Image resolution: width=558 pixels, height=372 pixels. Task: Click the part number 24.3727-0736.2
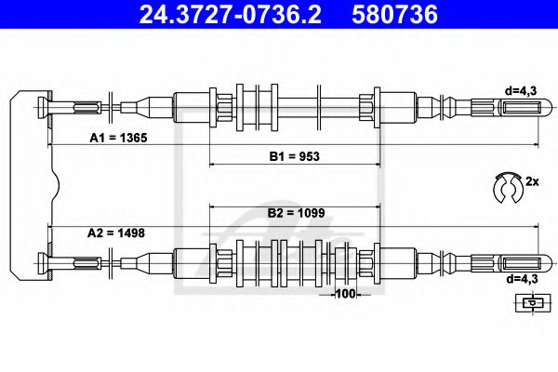coord(220,14)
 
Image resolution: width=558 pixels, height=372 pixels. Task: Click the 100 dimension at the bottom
coord(346,295)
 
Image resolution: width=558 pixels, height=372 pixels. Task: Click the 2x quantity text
coord(532,182)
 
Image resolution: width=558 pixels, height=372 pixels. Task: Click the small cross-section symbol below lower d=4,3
coord(530,301)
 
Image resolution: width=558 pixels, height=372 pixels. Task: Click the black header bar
coord(279,14)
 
